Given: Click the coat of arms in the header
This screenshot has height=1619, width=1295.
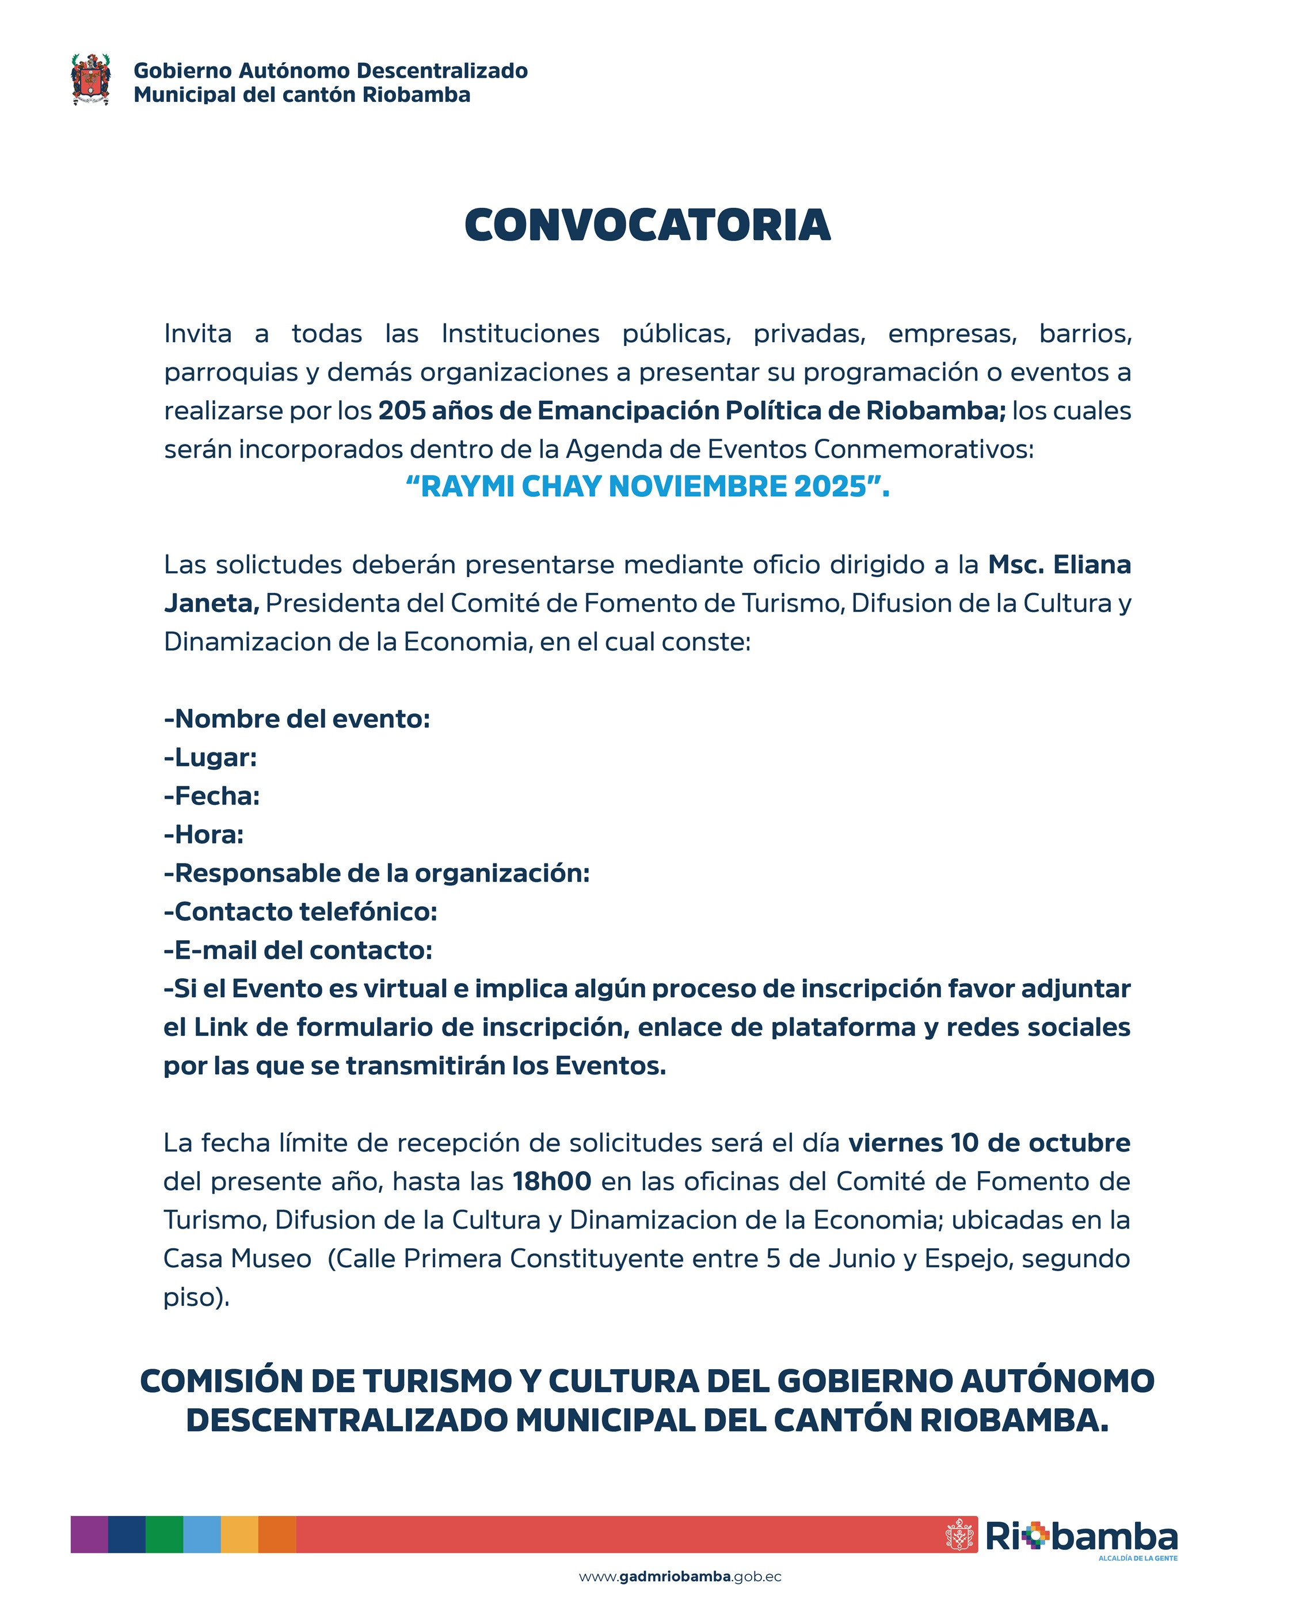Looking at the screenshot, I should click(x=91, y=79).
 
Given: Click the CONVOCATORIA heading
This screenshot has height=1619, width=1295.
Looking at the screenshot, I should click(x=647, y=225).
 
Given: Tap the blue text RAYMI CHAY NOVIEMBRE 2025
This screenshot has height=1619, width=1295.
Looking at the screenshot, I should click(x=647, y=487).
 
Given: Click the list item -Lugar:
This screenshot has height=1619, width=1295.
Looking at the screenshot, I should click(x=210, y=758).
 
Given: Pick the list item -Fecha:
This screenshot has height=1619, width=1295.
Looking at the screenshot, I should click(x=212, y=796).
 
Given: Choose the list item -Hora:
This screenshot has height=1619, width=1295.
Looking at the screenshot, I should click(x=203, y=834).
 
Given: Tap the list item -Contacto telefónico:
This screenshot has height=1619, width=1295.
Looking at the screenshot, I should click(x=300, y=911).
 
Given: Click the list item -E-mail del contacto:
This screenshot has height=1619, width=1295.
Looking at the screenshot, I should click(x=298, y=950).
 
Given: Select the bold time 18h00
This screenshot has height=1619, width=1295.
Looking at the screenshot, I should click(x=552, y=1181).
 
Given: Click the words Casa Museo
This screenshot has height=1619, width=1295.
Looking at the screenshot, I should click(x=237, y=1259).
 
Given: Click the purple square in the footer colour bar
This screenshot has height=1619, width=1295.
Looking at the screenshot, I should click(x=89, y=1534).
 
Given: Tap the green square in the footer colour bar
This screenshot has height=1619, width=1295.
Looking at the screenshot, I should click(x=165, y=1534).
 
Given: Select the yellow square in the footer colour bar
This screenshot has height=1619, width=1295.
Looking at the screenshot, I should click(x=239, y=1534).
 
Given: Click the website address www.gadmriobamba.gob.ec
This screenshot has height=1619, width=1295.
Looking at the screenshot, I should click(x=679, y=1577).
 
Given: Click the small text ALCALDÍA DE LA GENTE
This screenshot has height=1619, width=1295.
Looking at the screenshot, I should click(x=1137, y=1558).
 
